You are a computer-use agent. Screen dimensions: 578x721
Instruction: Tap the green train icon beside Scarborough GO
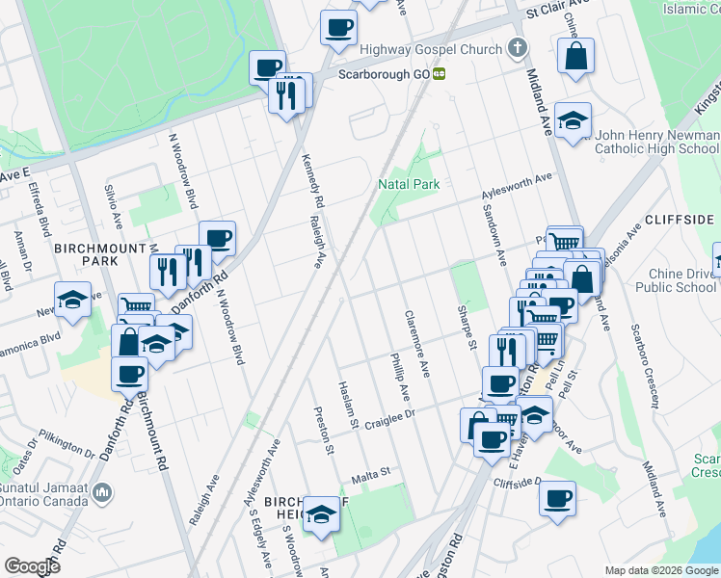tap(439, 73)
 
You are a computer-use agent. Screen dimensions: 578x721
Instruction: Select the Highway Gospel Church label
tap(431, 49)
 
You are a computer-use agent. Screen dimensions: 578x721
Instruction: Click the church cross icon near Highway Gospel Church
tap(517, 47)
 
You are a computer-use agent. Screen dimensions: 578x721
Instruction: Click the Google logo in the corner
tap(32, 566)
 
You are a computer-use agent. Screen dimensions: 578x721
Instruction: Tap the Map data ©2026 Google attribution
tap(661, 570)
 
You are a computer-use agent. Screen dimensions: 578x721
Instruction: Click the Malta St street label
tap(368, 474)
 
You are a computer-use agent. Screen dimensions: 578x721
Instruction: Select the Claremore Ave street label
tap(416, 343)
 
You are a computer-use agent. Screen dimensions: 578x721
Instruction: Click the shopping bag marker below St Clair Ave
tap(575, 56)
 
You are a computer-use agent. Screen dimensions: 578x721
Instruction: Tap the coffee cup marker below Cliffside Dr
tap(556, 500)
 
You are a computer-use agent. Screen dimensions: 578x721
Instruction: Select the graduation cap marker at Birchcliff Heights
tap(321, 515)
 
